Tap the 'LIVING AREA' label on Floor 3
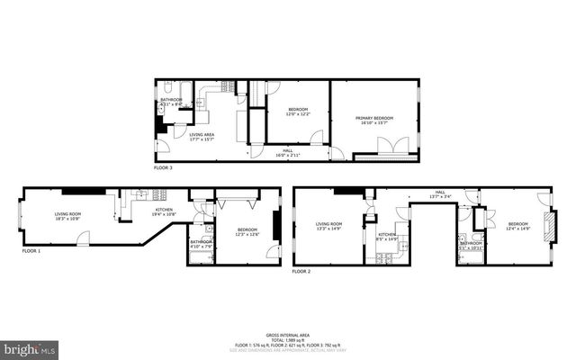click(202, 135)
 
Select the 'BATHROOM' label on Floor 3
click(171, 100)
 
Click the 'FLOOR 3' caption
click(163, 168)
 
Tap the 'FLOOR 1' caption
click(32, 251)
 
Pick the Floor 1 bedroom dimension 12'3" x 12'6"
click(247, 234)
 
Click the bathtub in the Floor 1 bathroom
click(201, 257)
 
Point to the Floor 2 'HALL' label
click(440, 192)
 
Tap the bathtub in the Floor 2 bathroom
click(469, 257)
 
